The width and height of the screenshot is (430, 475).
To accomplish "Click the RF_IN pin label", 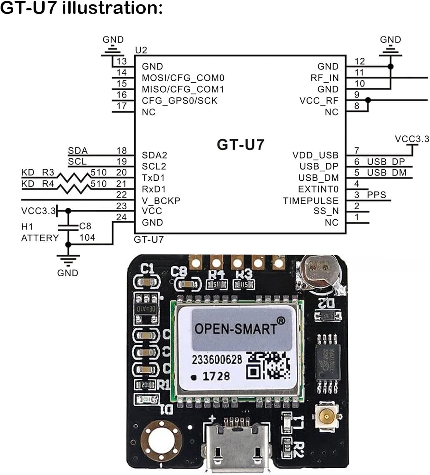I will coord(324,78).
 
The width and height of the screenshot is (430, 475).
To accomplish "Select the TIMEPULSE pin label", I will coord(311,201).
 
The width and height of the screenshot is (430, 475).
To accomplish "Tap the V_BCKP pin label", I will coord(161,201).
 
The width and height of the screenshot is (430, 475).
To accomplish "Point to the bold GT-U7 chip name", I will coord(241,145).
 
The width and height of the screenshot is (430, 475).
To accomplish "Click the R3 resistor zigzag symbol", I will coord(75,177).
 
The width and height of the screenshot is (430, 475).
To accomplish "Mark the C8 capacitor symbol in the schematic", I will coord(68,226).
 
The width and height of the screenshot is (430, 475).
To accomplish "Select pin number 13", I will coord(121,61).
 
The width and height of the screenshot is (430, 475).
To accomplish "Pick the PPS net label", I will coord(376,195).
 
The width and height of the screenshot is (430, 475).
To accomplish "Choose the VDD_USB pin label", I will coord(315,155).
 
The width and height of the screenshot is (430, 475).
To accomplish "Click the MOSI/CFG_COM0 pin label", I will coord(183,78).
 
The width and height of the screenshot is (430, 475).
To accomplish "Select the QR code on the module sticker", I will coord(268,366).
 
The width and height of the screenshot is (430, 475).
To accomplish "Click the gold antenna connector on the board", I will coord(327,417).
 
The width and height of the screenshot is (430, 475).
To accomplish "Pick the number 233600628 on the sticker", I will coord(217,360).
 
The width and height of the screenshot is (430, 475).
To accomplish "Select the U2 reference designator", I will coord(141,50).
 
